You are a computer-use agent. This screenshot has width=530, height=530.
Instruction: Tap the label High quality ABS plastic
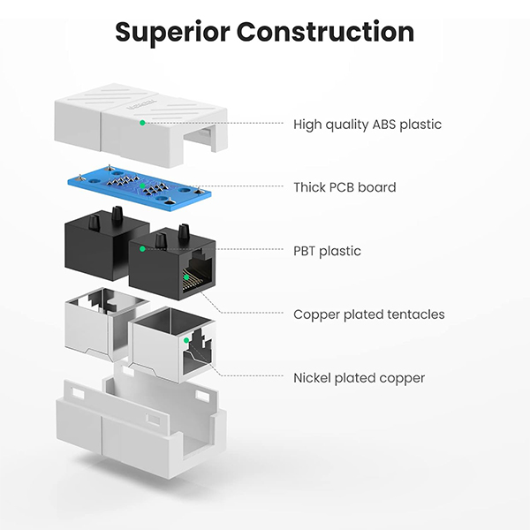click(x=367, y=125)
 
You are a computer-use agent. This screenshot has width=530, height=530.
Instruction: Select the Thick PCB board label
click(x=344, y=187)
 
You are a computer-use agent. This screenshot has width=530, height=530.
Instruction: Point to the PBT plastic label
click(x=327, y=251)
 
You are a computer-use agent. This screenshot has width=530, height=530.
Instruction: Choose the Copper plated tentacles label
click(x=368, y=314)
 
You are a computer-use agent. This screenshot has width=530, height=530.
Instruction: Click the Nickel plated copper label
click(x=359, y=378)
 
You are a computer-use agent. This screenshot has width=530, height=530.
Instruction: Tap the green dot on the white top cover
click(x=141, y=123)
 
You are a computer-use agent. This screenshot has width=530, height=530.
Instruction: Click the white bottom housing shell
click(x=132, y=433)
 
